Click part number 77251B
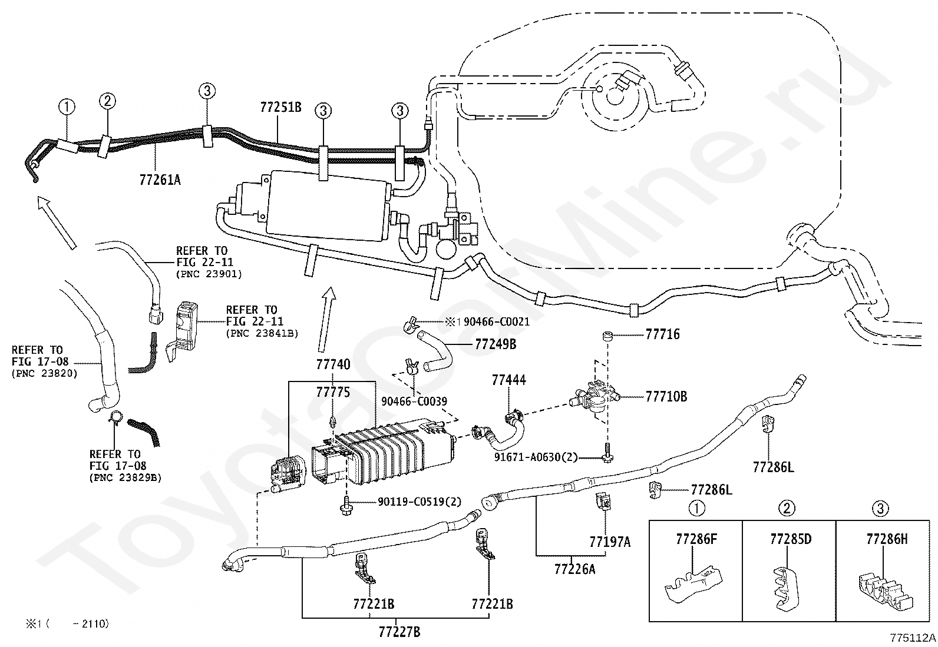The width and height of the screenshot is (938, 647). [280, 107]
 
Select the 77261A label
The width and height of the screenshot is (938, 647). [160, 180]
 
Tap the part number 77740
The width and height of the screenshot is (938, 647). [333, 364]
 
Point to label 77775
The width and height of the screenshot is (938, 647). [333, 392]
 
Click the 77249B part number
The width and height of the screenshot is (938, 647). [496, 344]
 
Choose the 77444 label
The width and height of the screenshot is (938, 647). [509, 380]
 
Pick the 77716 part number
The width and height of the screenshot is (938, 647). [662, 334]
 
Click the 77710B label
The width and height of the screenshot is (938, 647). [666, 396]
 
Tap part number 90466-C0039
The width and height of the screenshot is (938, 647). [414, 402]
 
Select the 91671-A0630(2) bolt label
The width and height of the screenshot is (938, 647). [536, 457]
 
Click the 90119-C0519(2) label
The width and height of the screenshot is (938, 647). [420, 502]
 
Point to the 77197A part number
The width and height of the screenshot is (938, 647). [610, 542]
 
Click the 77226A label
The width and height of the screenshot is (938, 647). [574, 569]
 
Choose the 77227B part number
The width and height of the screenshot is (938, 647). [399, 632]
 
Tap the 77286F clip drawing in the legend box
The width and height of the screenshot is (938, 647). [693, 583]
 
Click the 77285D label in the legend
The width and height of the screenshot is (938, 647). [791, 539]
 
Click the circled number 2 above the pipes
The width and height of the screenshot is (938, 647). [108, 101]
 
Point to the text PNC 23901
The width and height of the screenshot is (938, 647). [209, 274]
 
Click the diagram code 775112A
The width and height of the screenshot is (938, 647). [913, 638]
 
